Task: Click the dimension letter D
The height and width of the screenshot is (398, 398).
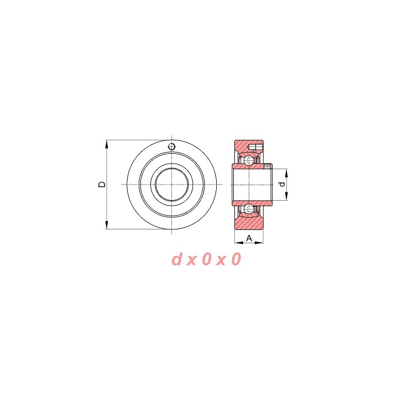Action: click(102, 184)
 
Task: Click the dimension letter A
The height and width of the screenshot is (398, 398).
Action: click(249, 238)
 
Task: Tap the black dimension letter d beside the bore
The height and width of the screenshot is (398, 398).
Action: click(282, 184)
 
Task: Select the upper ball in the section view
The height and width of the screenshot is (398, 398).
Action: click(249, 160)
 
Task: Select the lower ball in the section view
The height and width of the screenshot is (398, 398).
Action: click(249, 208)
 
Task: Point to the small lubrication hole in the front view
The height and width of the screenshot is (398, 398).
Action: click(172, 146)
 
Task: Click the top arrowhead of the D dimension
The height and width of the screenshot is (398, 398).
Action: click(107, 144)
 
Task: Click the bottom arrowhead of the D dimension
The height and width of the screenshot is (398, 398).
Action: click(107, 225)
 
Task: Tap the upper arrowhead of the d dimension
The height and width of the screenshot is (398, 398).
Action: click(286, 173)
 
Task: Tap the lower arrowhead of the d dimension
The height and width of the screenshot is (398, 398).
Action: click(286, 196)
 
